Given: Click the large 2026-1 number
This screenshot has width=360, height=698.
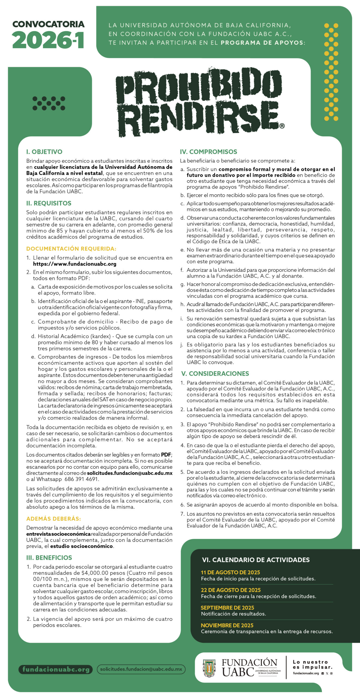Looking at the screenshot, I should (48, 40).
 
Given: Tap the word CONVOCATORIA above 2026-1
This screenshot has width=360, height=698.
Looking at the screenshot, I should (48, 24).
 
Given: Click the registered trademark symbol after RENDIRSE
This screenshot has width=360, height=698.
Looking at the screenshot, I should (282, 126).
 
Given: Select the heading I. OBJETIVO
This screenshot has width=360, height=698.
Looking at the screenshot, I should (44, 152).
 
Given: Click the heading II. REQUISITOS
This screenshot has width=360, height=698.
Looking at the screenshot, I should (49, 203).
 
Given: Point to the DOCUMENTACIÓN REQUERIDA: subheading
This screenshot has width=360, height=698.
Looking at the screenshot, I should (71, 249).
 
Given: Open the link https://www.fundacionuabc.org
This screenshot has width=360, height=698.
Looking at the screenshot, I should (74, 264).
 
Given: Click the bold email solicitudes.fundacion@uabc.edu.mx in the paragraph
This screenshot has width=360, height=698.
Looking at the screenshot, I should (130, 473).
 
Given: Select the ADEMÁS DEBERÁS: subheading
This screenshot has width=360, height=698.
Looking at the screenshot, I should (53, 519).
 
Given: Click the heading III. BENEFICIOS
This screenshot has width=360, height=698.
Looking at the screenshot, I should (49, 558).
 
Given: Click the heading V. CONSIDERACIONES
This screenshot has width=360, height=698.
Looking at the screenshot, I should (215, 374).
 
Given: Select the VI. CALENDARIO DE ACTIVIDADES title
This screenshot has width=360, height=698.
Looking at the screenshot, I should (256, 560).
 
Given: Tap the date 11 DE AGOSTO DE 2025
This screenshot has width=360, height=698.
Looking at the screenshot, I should (230, 572).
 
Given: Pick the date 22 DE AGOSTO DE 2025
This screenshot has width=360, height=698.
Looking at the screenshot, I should (231, 590).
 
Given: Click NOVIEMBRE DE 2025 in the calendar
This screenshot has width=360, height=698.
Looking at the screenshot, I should (227, 625).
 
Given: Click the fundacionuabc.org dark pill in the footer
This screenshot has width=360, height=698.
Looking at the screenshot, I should (56, 669).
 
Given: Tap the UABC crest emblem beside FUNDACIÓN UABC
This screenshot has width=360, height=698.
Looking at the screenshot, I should (209, 668).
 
